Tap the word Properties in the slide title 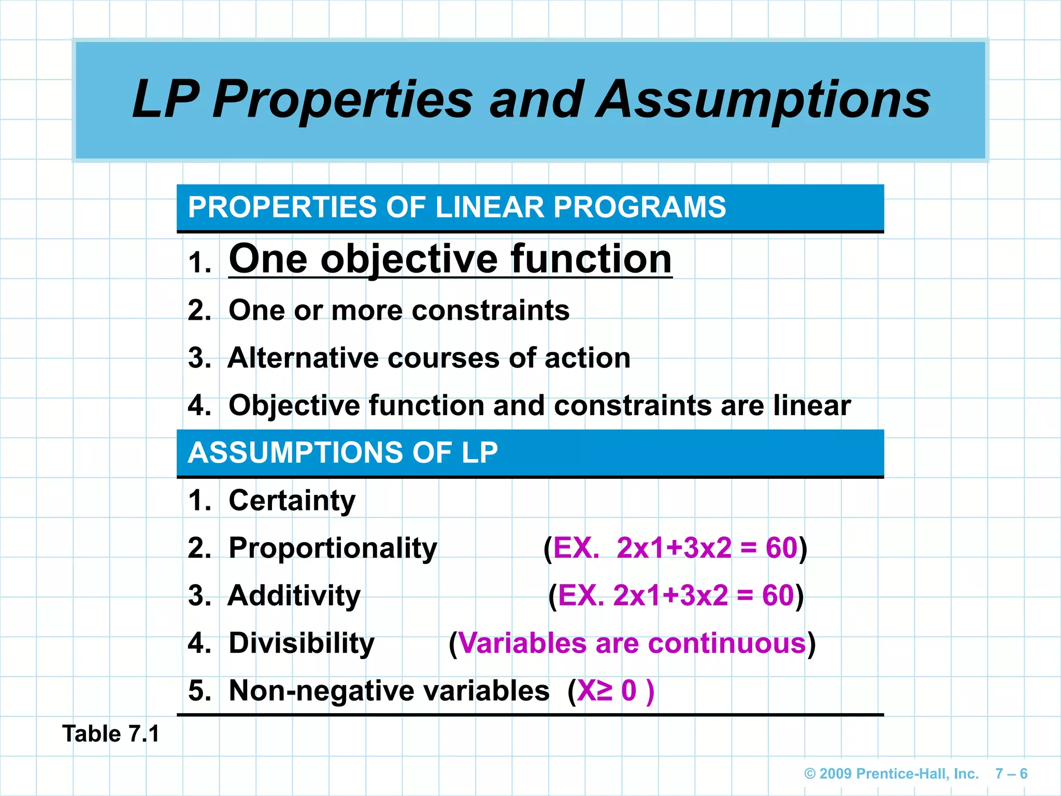[x=342, y=99]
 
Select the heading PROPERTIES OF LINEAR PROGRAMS [x=456, y=207]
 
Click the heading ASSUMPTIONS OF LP [x=342, y=452]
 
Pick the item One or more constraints [x=399, y=310]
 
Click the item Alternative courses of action [x=429, y=358]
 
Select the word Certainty [x=292, y=501]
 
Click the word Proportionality [x=333, y=548]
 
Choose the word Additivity [x=294, y=595]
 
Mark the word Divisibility [x=301, y=643]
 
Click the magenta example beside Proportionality [x=675, y=548]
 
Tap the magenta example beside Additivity [x=676, y=595]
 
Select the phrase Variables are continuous [x=632, y=643]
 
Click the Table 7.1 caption [x=111, y=734]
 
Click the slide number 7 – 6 [x=1011, y=774]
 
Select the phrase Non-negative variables [x=389, y=691]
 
